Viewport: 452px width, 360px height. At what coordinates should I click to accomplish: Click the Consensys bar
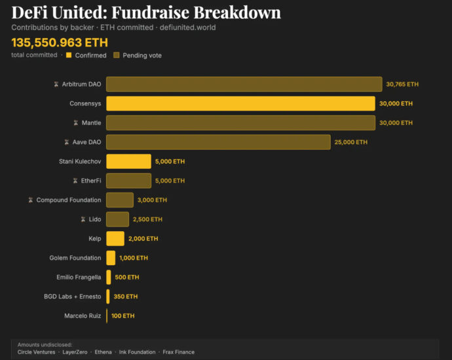click(x=240, y=103)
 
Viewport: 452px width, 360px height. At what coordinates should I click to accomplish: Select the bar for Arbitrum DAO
click(x=244, y=84)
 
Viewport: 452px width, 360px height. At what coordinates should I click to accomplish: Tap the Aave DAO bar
click(x=218, y=142)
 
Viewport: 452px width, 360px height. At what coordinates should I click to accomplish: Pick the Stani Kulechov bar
click(x=128, y=161)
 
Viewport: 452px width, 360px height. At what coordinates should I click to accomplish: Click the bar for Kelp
click(x=115, y=238)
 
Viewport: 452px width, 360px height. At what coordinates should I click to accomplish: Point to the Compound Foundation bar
click(x=120, y=200)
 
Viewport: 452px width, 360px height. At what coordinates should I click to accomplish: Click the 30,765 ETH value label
click(x=402, y=84)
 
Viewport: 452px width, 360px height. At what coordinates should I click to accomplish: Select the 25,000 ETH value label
click(x=351, y=142)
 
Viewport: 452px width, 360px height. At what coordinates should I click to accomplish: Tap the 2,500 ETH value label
click(x=147, y=219)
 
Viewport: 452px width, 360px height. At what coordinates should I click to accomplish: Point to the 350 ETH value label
click(x=126, y=297)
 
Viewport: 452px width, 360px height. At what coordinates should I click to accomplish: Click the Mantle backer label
click(x=92, y=122)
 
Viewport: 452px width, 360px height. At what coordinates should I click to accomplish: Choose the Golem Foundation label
click(x=75, y=258)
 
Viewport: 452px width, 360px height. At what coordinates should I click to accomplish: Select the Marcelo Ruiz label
click(x=83, y=315)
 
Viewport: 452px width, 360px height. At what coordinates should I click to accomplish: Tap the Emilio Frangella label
click(x=78, y=277)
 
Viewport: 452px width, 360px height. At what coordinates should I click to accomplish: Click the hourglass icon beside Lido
click(x=83, y=219)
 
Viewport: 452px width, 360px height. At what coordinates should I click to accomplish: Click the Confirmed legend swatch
click(x=69, y=55)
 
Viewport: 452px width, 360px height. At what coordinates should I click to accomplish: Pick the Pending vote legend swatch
click(x=117, y=55)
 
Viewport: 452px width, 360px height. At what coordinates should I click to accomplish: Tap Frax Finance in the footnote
click(x=178, y=352)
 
